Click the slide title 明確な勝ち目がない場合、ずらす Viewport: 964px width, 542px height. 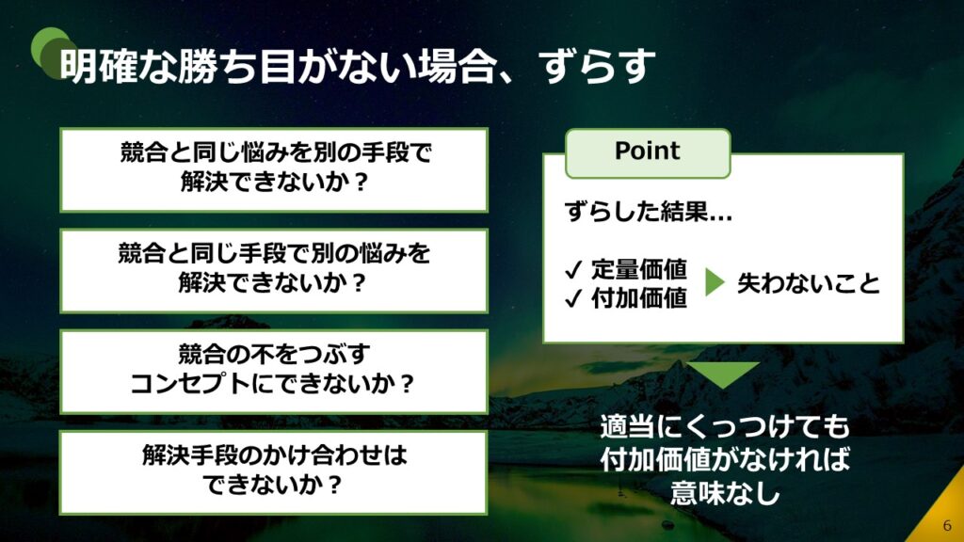pos(357,67)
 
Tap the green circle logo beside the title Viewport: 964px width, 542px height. pos(53,53)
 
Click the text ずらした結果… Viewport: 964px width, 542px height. pos(649,212)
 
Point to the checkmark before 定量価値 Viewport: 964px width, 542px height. pos(573,269)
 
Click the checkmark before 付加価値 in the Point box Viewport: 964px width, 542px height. pos(573,298)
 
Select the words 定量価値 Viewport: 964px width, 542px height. pos(639,269)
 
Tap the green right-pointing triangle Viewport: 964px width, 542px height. pos(715,282)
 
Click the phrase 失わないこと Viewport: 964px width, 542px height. pos(809,283)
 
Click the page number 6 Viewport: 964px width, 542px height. pos(947,525)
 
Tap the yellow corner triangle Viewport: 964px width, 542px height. pos(943,519)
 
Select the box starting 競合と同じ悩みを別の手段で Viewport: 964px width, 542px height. pos(274,169)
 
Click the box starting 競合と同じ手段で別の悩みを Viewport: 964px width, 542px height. pos(274,271)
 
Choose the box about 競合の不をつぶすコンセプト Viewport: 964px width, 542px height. pos(274,372)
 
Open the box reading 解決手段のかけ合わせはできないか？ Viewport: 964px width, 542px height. pos(274,472)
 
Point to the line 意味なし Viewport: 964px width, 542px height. pos(725,493)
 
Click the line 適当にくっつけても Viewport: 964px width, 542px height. pos(725,426)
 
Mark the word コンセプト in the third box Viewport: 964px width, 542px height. pos(190,384)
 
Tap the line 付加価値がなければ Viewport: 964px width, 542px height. pos(725,459)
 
